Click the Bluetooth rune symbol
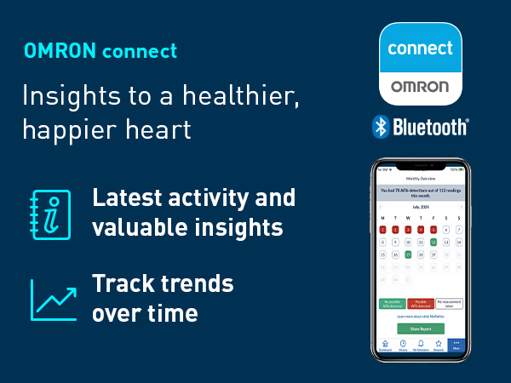tap(380, 127)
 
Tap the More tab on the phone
tap(456, 346)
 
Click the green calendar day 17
tap(408, 254)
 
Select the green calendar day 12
tap(433, 242)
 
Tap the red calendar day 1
tap(382, 230)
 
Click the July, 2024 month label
tap(421, 206)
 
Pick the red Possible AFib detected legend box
tap(421, 302)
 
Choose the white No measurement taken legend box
tap(447, 302)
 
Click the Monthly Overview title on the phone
tap(420, 180)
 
